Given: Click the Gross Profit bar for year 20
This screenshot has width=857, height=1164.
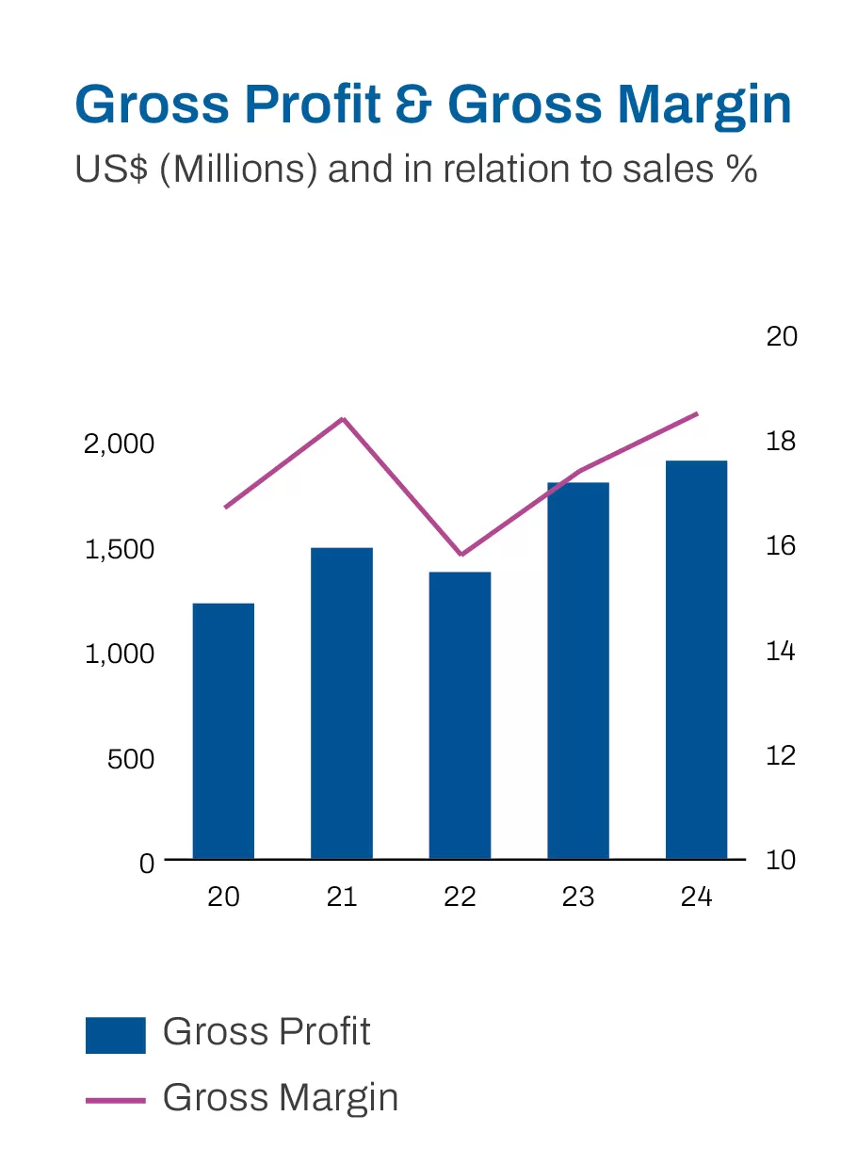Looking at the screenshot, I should [x=223, y=731].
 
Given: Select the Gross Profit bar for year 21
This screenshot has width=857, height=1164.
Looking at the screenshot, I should [x=342, y=703].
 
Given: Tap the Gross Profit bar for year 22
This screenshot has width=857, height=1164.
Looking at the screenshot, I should [x=460, y=715].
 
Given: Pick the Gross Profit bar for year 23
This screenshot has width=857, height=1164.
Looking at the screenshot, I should [x=578, y=671].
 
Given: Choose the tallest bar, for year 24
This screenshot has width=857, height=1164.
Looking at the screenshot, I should [x=696, y=659].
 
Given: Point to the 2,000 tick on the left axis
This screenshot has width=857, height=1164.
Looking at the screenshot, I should [x=119, y=444].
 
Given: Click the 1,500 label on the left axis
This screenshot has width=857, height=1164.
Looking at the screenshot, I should [x=119, y=549].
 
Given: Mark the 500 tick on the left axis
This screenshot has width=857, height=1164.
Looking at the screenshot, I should [x=131, y=759].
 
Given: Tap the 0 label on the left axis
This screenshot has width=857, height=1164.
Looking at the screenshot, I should [x=146, y=864].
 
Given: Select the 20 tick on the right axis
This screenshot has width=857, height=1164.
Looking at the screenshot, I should [x=781, y=336].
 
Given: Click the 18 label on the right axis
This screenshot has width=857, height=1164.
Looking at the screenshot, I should [x=781, y=441].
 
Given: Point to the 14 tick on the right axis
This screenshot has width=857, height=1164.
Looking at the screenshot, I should [x=781, y=651].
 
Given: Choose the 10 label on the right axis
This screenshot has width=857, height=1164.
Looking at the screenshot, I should [x=781, y=860].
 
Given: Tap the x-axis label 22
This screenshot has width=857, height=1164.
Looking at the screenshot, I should [x=460, y=897].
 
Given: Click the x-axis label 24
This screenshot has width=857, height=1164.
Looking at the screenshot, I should [x=696, y=897].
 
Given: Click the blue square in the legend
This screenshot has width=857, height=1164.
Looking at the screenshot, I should [x=115, y=1035].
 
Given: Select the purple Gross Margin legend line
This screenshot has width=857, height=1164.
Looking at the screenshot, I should [x=115, y=1099].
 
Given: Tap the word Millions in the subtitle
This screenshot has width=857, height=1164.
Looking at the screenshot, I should [x=238, y=170].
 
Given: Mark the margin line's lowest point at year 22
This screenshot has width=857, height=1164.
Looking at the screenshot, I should [x=461, y=555].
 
